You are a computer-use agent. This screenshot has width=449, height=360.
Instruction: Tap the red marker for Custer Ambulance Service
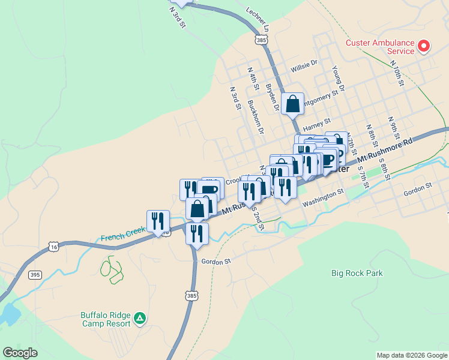tap(424, 46)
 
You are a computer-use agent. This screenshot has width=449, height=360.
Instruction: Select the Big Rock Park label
tap(357, 273)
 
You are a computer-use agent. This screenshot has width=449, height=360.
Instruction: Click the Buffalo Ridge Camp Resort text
tap(106, 319)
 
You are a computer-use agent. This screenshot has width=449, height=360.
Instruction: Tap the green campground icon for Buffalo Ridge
tap(140, 317)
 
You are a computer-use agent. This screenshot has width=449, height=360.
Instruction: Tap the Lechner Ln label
tap(258, 20)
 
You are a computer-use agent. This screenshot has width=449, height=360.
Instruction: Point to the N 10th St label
tap(397, 71)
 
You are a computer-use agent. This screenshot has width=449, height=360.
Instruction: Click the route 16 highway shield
tap(54, 247)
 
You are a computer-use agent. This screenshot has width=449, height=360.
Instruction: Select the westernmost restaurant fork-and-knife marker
tap(158, 221)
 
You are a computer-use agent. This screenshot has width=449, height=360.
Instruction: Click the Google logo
tap(20, 353)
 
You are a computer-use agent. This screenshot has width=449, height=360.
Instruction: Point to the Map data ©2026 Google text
tap(411, 355)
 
